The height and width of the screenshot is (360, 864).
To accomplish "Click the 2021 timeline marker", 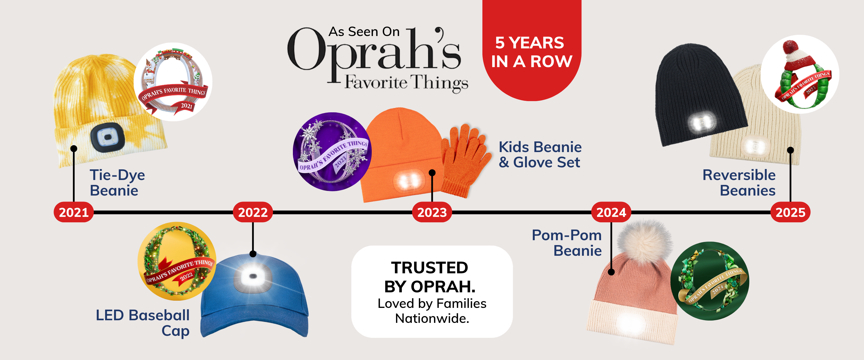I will pyautogui.click(x=73, y=212).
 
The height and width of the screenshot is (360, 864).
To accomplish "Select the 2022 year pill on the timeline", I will pyautogui.click(x=253, y=212).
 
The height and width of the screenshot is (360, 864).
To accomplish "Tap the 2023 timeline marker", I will pyautogui.click(x=432, y=212).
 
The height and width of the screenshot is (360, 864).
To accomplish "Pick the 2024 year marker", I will pyautogui.click(x=611, y=212).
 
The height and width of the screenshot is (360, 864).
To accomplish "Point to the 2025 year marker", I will pyautogui.click(x=790, y=212).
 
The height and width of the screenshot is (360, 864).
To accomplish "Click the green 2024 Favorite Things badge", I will pyautogui.click(x=709, y=281).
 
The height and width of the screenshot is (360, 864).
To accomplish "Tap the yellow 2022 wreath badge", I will pyautogui.click(x=177, y=261).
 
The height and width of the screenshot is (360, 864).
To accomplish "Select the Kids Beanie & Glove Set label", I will pyautogui.click(x=540, y=155).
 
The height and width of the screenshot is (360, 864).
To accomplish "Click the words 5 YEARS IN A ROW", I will pyautogui.click(x=531, y=52).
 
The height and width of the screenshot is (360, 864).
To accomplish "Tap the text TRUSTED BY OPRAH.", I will pyautogui.click(x=430, y=277).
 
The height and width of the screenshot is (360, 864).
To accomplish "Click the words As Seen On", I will pyautogui.click(x=364, y=32).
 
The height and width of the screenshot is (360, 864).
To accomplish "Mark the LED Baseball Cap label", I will pyautogui.click(x=143, y=323).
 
